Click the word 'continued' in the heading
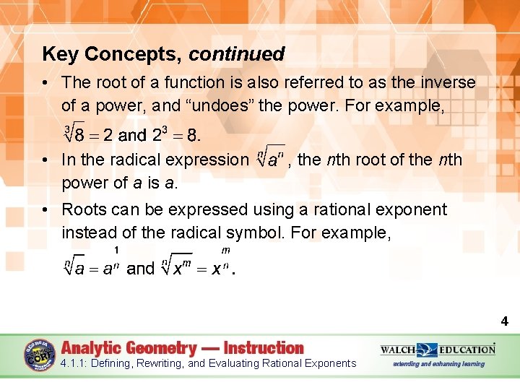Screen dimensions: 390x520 [x=237, y=54]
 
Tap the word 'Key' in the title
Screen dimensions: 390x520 [x=58, y=54]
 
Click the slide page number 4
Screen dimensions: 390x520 [x=504, y=321]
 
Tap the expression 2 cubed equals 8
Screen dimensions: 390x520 [x=175, y=135]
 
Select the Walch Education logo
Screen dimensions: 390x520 [x=438, y=350]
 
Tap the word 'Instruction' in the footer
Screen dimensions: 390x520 [x=264, y=347]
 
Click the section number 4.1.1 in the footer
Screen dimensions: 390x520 [x=76, y=363]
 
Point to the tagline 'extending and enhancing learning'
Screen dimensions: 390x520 [x=438, y=364]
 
